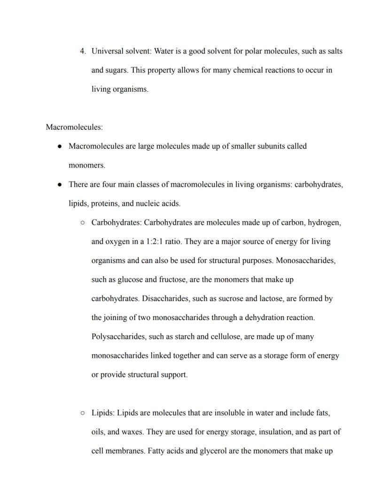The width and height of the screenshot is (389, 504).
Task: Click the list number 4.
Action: click(x=82, y=51)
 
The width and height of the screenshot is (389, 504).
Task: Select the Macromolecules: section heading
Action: click(x=74, y=127)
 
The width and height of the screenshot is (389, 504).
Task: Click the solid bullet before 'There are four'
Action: click(x=60, y=184)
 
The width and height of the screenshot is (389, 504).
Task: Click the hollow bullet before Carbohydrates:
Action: click(x=82, y=223)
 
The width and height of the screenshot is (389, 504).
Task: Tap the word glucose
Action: click(x=130, y=280)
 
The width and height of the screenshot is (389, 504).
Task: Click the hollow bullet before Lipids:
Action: click(x=82, y=413)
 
